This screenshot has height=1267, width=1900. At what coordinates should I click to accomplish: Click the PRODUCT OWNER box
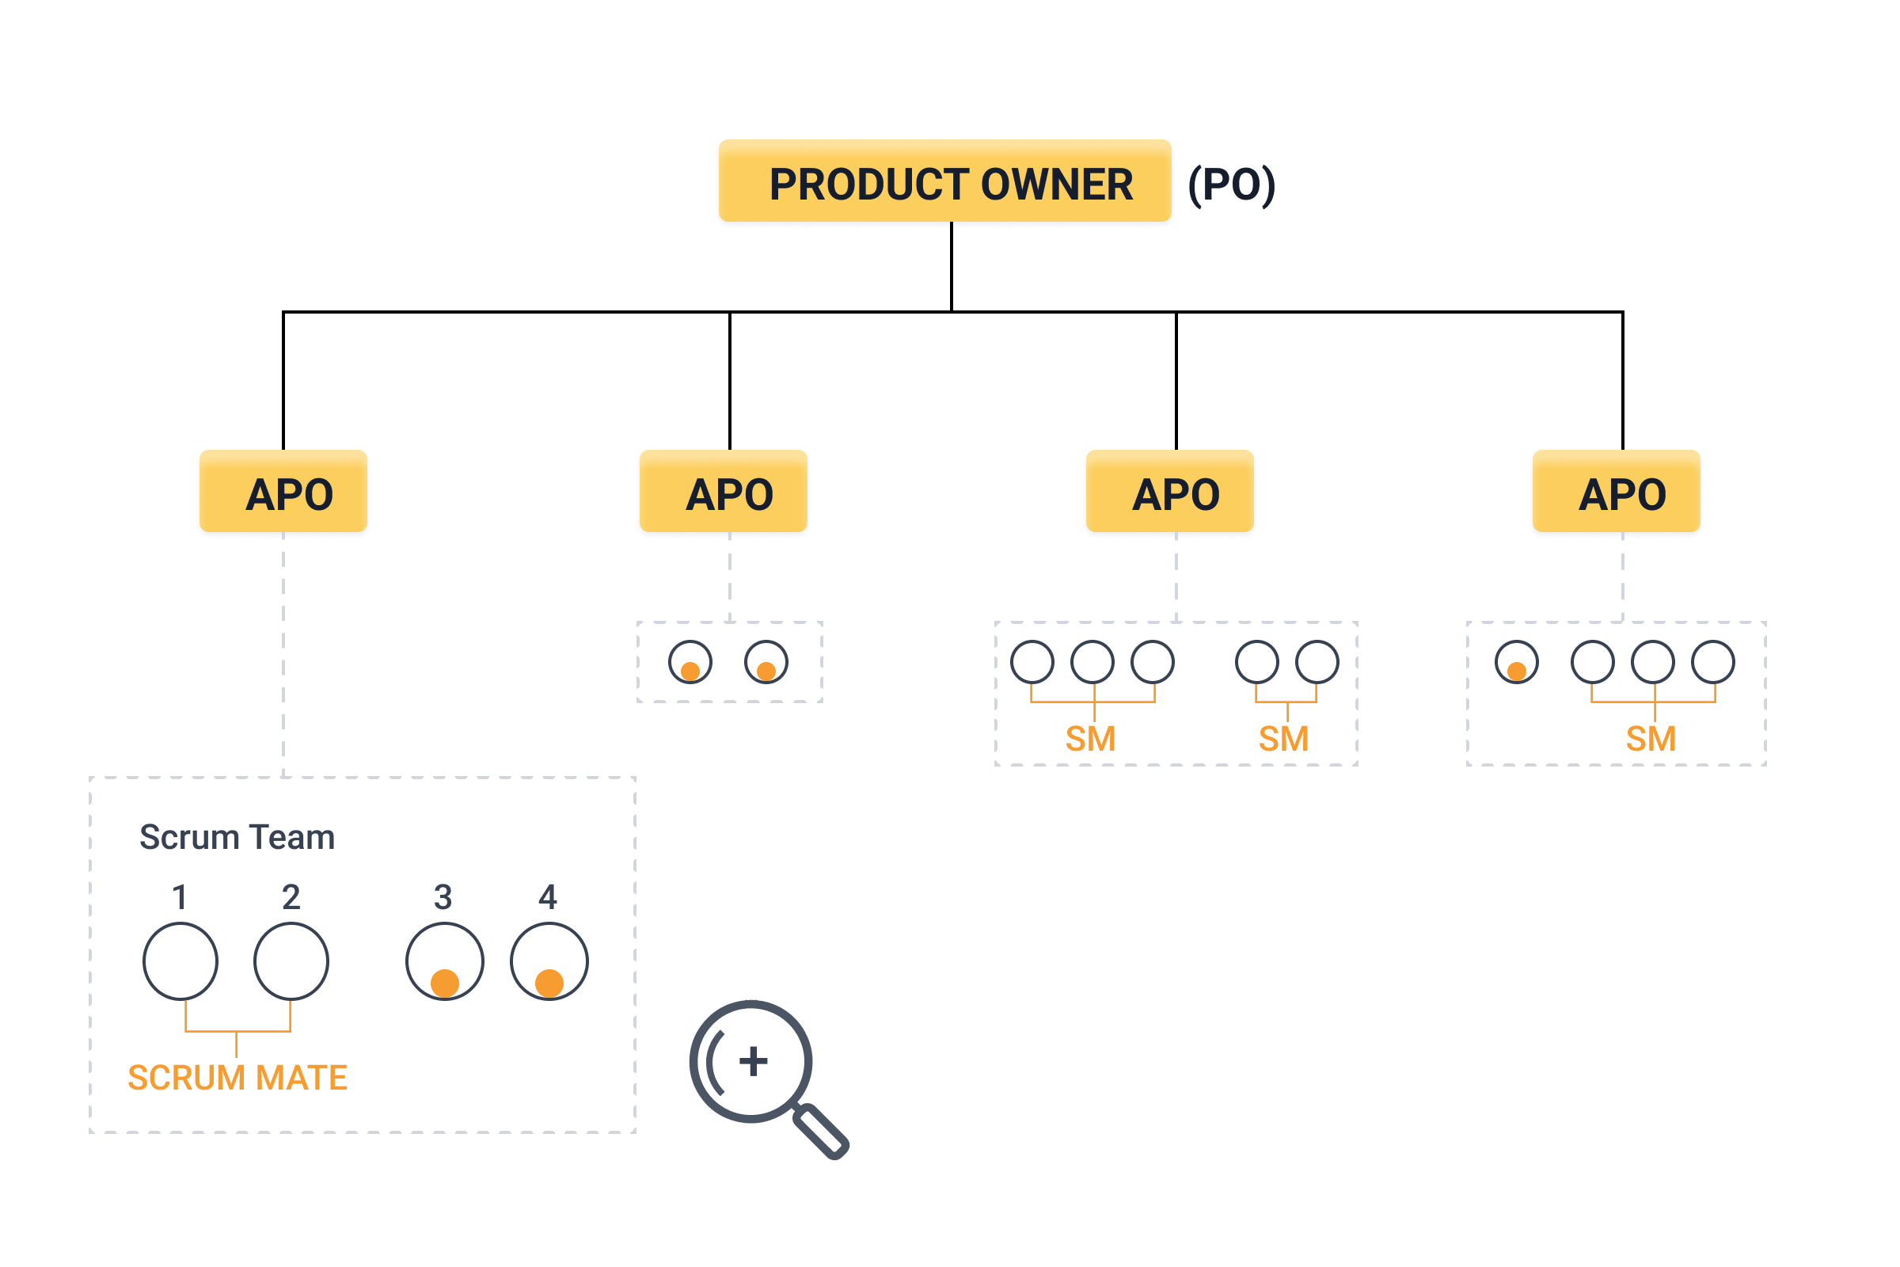pyautogui.click(x=944, y=181)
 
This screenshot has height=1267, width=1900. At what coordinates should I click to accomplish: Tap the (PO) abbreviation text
pyautogui.click(x=1231, y=185)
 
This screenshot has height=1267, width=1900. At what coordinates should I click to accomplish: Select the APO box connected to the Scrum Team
pyautogui.click(x=283, y=490)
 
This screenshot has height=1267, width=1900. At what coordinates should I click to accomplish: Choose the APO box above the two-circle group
pyautogui.click(x=723, y=490)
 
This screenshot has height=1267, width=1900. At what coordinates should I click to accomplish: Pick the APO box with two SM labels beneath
pyautogui.click(x=1170, y=490)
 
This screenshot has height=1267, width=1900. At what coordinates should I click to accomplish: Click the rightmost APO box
pyautogui.click(x=1617, y=490)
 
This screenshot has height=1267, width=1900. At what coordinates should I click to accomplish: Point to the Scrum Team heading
pyautogui.click(x=237, y=837)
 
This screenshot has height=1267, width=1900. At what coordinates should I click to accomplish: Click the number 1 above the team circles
pyautogui.click(x=180, y=897)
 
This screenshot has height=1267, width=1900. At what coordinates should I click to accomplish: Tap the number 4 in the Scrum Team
pyautogui.click(x=548, y=897)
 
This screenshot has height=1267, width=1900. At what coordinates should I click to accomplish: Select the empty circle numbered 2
pyautogui.click(x=291, y=961)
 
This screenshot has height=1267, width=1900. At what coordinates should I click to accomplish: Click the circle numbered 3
pyautogui.click(x=445, y=961)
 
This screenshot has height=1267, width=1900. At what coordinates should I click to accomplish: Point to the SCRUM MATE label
pyautogui.click(x=237, y=1078)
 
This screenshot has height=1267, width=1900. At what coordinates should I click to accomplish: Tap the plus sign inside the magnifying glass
pyautogui.click(x=754, y=1061)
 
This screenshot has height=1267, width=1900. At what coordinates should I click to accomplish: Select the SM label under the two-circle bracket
pyautogui.click(x=1283, y=739)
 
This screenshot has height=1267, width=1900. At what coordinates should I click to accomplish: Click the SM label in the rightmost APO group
pyautogui.click(x=1651, y=739)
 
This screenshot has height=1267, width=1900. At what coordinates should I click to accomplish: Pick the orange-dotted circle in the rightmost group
pyautogui.click(x=1517, y=663)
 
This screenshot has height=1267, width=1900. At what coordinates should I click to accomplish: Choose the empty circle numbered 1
pyautogui.click(x=180, y=961)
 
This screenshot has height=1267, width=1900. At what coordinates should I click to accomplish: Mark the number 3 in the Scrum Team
pyautogui.click(x=443, y=897)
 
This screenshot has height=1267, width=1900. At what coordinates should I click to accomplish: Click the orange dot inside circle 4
pyautogui.click(x=549, y=984)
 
